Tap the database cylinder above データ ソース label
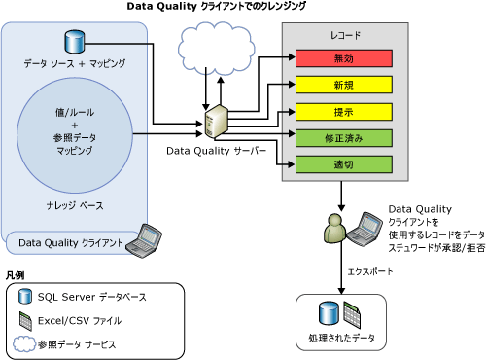point(74,43)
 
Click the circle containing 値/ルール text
point(74,132)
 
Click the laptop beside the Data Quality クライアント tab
point(150,237)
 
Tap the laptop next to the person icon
point(367,225)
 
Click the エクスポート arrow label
point(370,271)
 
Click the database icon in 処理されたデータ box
point(330,314)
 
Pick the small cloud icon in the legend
point(24,343)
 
